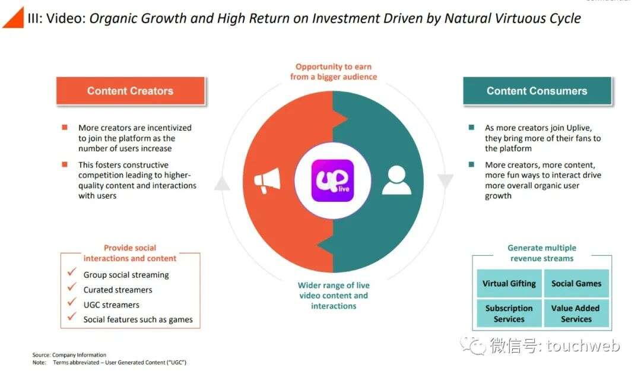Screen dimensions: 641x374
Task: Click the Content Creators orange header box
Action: pos(131,91)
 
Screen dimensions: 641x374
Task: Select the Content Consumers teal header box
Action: pos(537,91)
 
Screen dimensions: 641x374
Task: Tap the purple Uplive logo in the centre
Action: pos(332,180)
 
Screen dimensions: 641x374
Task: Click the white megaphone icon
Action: pos(267,180)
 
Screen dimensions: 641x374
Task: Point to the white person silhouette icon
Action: pos(396,180)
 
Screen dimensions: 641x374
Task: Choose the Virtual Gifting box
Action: pos(509,283)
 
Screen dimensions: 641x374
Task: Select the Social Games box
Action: pos(576,283)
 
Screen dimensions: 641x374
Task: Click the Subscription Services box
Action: pos(509,313)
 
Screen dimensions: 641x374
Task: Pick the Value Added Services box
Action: pos(576,313)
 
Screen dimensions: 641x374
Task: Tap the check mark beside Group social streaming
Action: pos(72,272)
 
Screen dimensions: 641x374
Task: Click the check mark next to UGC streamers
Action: pos(72,302)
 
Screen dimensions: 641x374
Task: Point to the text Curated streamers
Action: pos(118,290)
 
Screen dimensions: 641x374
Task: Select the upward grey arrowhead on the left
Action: pos(222,183)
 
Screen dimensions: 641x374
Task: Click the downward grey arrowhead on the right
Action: pos(445,180)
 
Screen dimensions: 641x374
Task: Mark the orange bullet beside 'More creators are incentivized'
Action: pos(65,128)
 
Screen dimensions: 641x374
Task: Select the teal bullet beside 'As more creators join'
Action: pos(471,128)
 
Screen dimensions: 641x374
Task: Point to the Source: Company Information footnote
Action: pos(69,355)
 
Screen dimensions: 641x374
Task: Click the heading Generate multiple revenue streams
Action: pos(542,253)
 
